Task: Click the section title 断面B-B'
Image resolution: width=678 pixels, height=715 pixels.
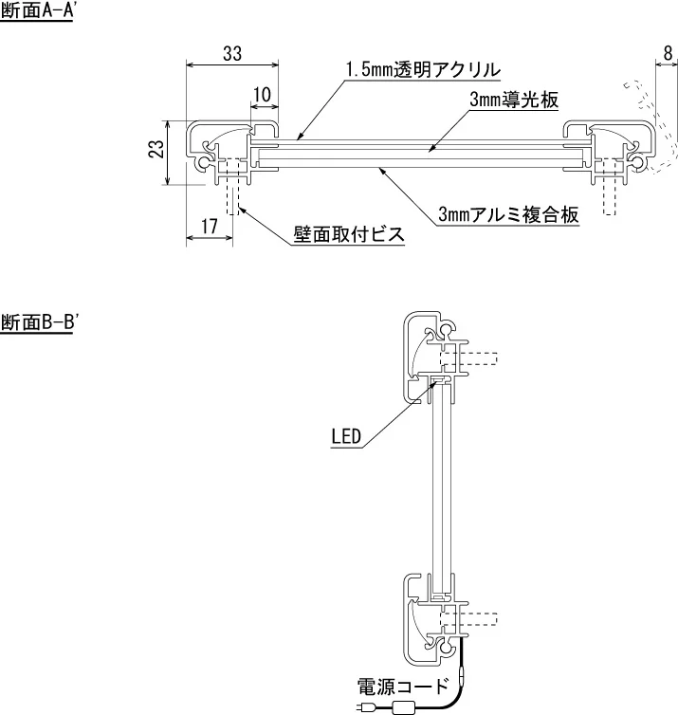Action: point(38,321)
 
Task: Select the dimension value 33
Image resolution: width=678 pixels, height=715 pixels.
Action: point(231,54)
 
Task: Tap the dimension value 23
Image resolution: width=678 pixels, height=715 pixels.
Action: point(157,149)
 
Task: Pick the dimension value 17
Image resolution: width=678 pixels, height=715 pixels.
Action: point(210,226)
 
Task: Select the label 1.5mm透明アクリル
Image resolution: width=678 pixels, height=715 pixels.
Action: point(423,70)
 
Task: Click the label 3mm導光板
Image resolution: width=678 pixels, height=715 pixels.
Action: point(513,100)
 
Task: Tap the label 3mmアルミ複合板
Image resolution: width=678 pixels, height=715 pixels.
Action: point(508,215)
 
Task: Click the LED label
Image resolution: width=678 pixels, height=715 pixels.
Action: point(345,437)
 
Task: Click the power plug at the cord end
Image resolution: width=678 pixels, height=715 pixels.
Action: point(368,706)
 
